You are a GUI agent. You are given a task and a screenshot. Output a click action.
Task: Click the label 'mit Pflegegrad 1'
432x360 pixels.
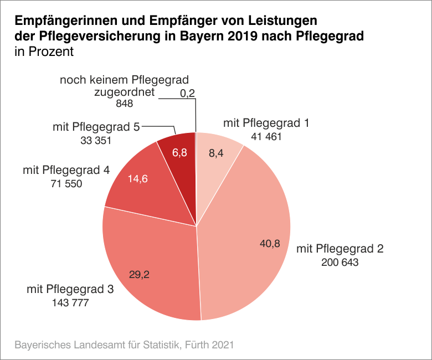coord(265,123)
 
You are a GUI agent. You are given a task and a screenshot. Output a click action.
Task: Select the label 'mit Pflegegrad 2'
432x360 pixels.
coord(340,248)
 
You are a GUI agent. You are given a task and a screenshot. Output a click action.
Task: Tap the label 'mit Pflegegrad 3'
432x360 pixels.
coord(70,289)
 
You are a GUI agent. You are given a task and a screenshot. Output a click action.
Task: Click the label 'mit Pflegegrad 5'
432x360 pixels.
coord(96,127)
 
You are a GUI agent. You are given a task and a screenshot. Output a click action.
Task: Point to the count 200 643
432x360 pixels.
coord(340,262)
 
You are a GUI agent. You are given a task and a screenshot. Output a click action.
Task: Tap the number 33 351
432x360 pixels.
coord(96,141)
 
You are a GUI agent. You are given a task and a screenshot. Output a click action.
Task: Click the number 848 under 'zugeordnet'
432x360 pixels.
coord(124,104)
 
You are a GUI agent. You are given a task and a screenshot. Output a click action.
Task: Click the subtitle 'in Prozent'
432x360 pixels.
coord(44,53)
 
